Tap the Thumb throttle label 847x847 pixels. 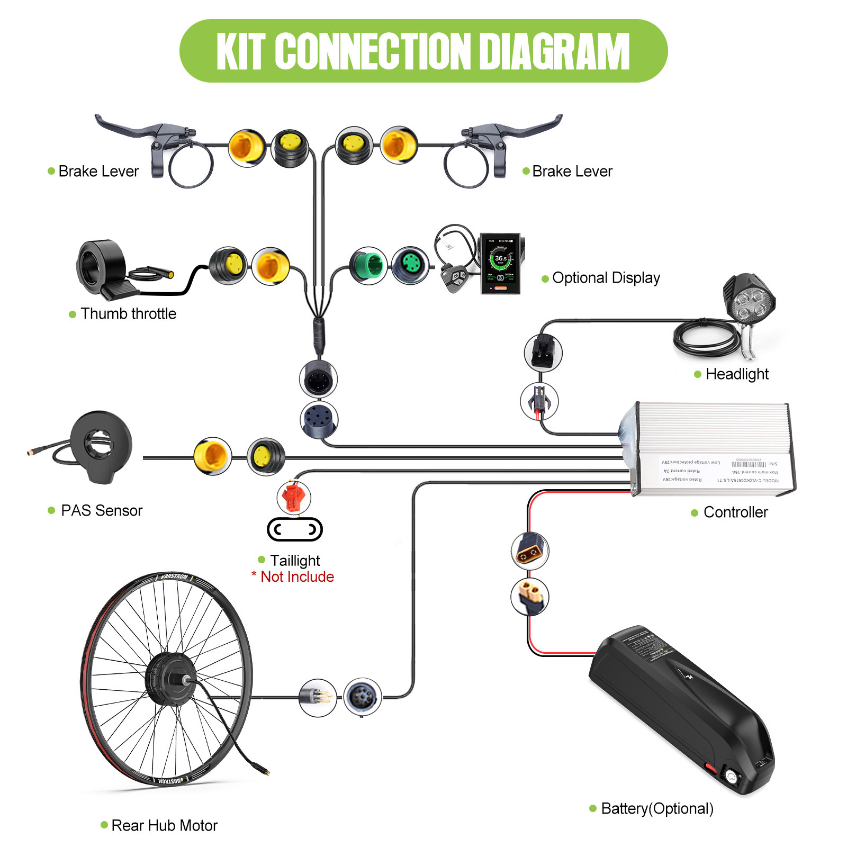(128, 313)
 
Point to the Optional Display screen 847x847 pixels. (500, 264)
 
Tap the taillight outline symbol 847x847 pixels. (294, 529)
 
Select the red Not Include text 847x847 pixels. (297, 576)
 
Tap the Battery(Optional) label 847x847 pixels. (657, 808)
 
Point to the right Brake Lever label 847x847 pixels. (572, 171)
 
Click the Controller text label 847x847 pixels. (735, 512)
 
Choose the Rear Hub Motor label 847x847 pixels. (164, 825)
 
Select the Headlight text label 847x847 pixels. (736, 374)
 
